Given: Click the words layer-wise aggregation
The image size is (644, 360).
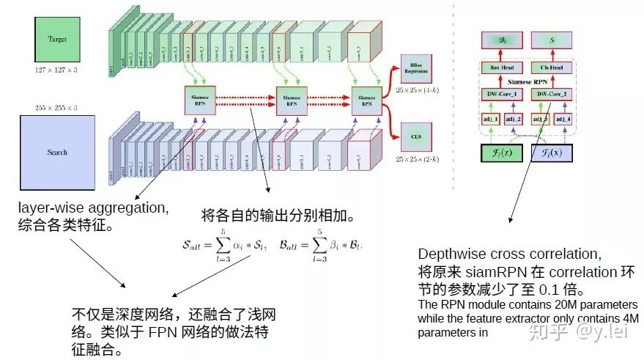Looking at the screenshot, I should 93,208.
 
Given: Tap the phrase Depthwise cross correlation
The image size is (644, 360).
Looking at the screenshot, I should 508,254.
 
